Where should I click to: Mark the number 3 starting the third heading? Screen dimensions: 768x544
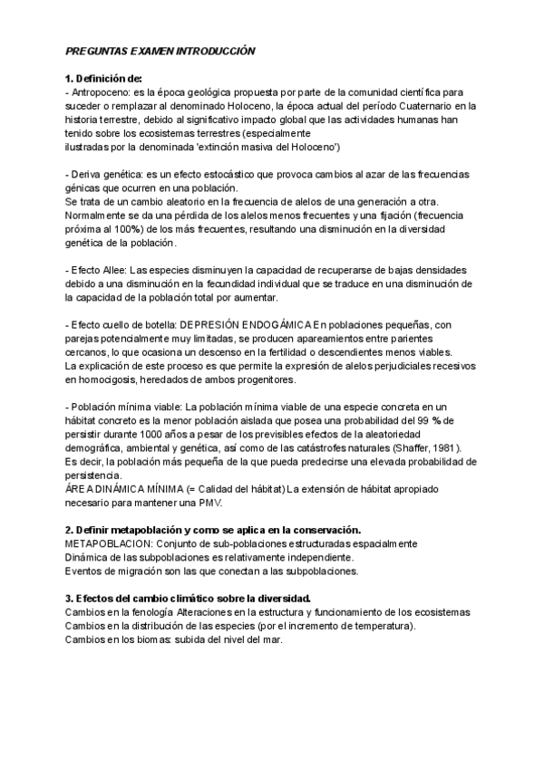coord(68,599)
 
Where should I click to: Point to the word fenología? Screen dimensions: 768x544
coord(148,613)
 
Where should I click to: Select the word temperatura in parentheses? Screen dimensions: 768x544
coord(381,627)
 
